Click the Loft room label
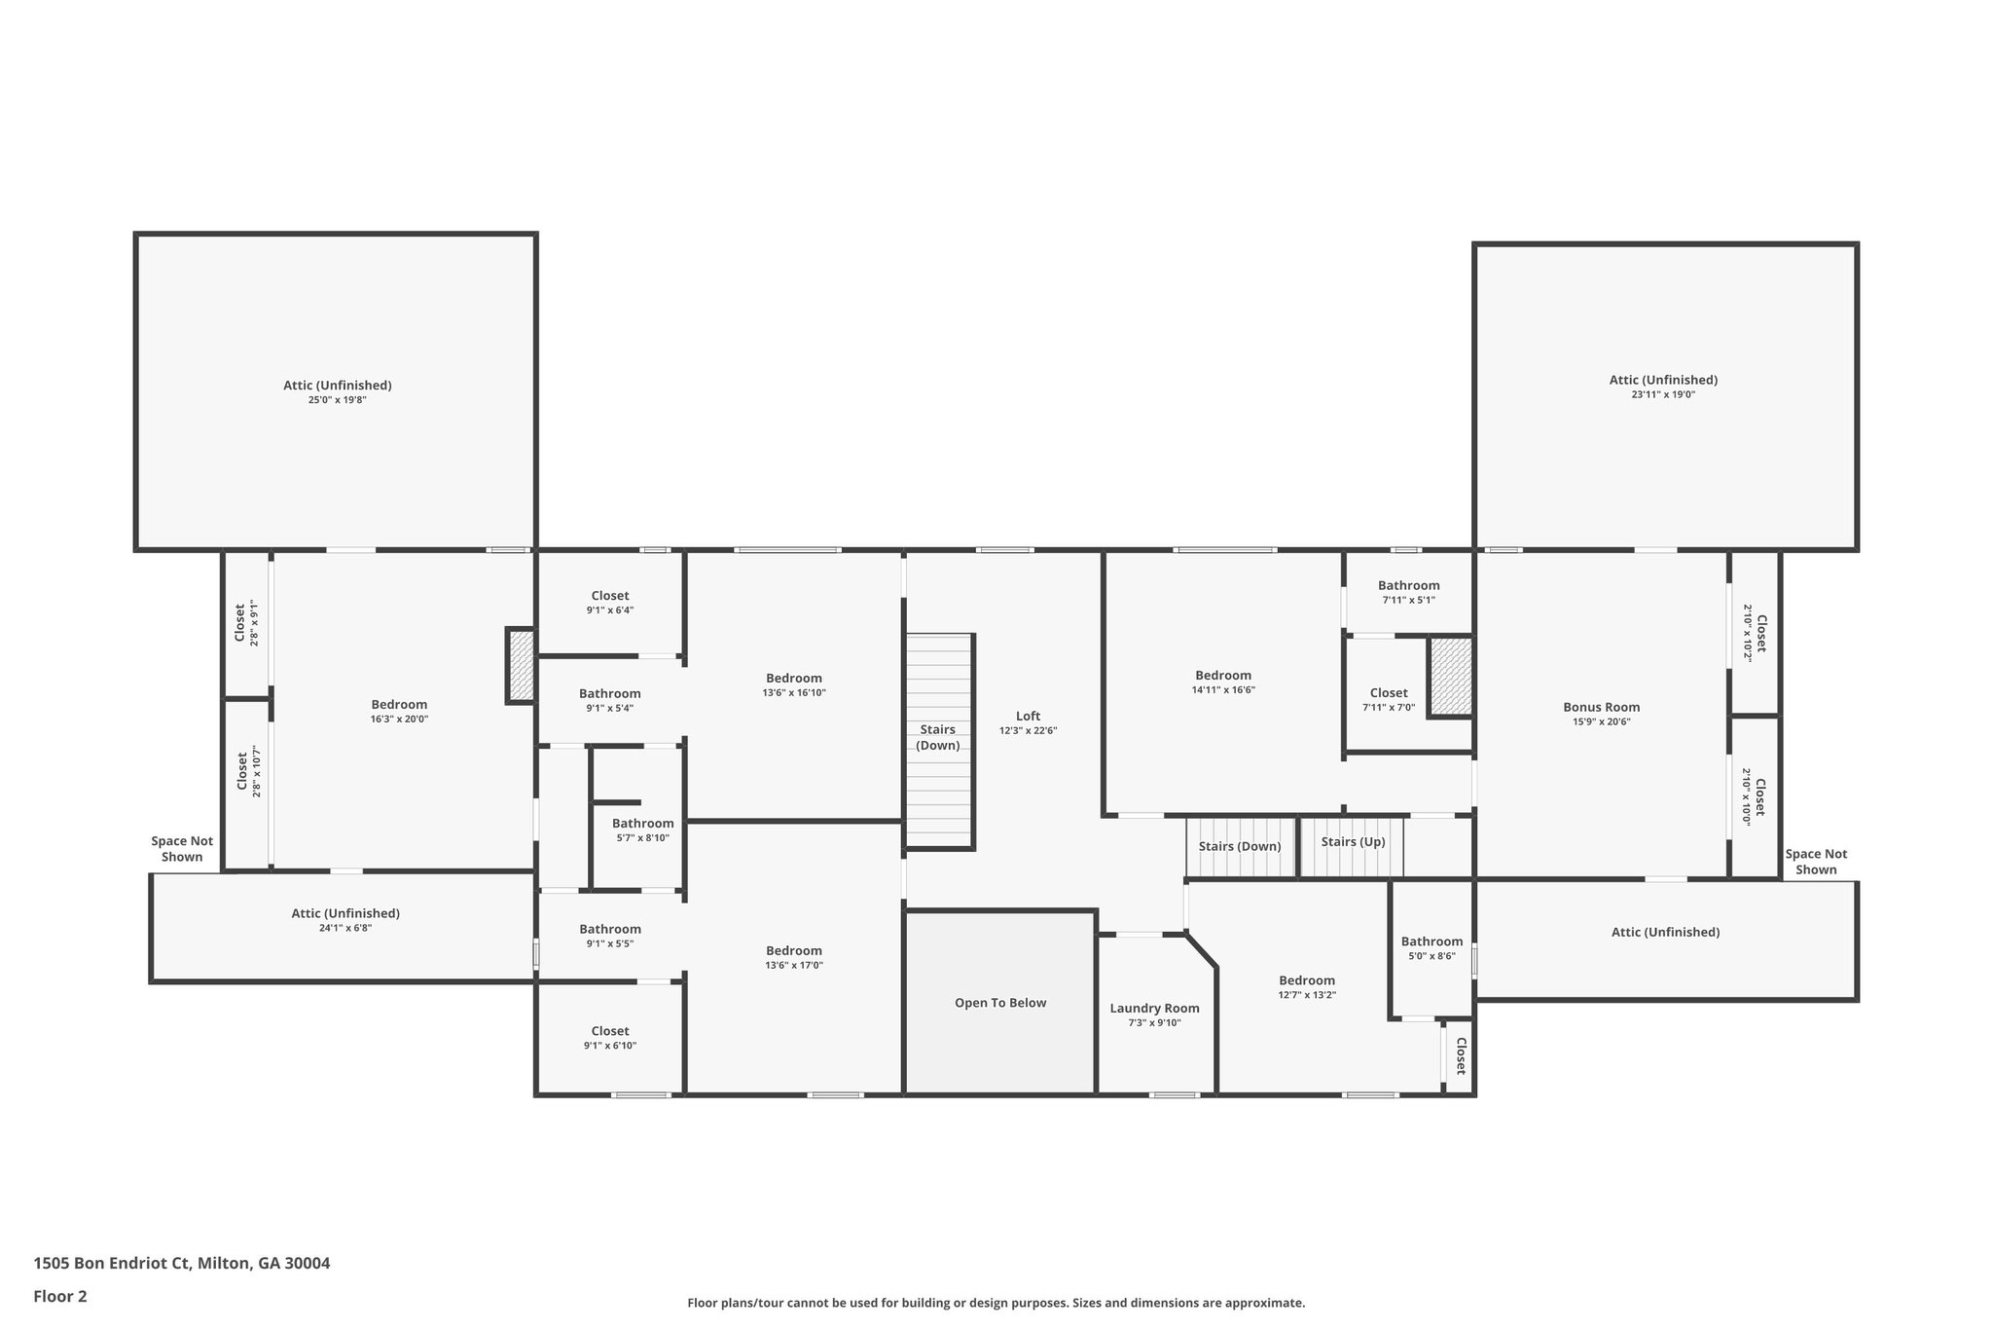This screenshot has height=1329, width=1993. tap(1028, 716)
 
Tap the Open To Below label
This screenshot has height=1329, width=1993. tap(1000, 1003)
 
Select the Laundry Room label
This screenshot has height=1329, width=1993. tap(1155, 1008)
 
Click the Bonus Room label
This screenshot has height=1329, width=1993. tap(1602, 707)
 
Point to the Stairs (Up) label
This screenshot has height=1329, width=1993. tap(1354, 841)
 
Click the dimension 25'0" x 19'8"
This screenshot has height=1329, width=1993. tap(338, 399)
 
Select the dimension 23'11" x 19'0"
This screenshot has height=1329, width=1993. tap(1664, 394)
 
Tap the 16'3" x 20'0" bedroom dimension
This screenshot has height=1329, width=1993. tap(399, 719)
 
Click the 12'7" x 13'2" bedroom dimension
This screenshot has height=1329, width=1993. tap(1307, 995)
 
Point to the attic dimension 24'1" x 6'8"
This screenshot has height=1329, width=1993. tap(345, 928)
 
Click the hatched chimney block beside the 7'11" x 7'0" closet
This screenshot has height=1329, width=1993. tap(1450, 677)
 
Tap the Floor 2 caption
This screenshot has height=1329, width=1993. tap(60, 1296)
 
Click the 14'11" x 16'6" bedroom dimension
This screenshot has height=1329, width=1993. tap(1223, 689)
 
